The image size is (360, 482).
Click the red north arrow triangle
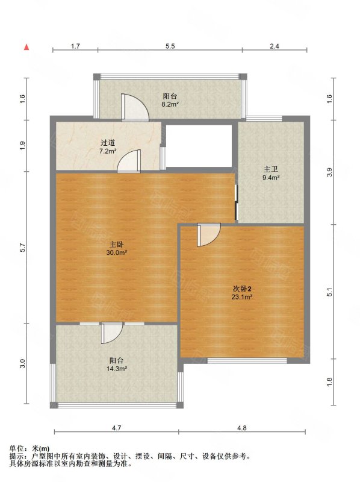27,47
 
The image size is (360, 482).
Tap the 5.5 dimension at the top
170,46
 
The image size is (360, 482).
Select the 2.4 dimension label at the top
275,46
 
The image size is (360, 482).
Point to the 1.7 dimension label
75,46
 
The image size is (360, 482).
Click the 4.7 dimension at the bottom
116,428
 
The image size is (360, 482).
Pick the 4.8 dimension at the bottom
242,428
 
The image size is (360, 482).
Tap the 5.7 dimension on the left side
22,248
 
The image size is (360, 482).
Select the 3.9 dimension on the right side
329,172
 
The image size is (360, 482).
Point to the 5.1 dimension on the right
329,292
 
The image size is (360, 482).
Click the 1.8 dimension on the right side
329,381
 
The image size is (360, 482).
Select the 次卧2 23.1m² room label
242,293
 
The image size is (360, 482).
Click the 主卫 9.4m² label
271,173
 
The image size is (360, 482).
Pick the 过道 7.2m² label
108,146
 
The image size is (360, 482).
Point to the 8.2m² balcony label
170,100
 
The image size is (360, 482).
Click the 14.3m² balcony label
117,364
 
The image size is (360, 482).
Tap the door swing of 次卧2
209,235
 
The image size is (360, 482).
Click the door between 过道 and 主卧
129,161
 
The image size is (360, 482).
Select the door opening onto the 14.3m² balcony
113,333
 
